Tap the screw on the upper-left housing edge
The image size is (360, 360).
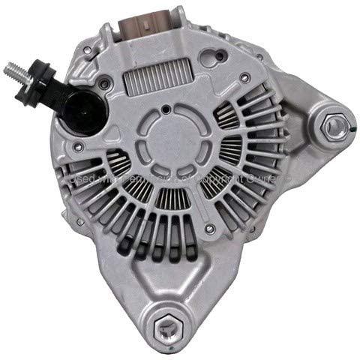[x=88, y=50]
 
